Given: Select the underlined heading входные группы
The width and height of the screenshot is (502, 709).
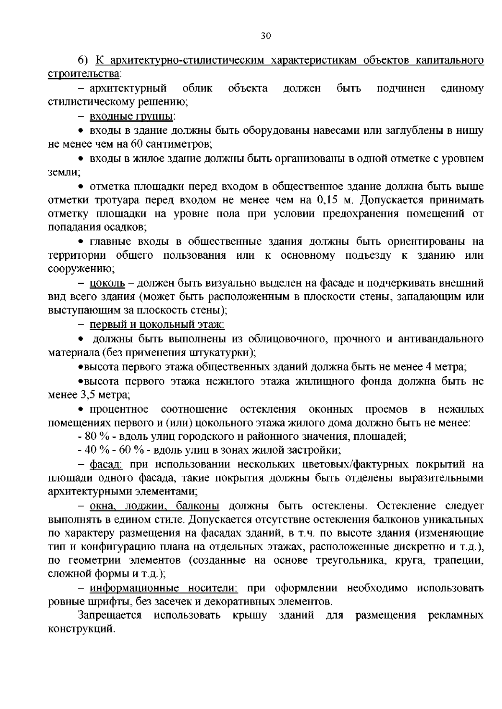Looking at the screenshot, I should (x=132, y=116).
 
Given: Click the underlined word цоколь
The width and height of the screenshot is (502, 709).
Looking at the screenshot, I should (x=108, y=283).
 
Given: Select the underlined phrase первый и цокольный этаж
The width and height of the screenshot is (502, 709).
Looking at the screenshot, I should (x=157, y=324).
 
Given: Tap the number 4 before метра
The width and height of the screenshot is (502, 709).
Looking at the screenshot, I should (x=428, y=367).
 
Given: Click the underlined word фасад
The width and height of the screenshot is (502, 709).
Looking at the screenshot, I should (x=106, y=464).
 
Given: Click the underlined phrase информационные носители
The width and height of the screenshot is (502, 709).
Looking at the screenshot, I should (x=164, y=588).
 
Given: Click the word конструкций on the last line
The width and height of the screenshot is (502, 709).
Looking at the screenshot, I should (x=81, y=629).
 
